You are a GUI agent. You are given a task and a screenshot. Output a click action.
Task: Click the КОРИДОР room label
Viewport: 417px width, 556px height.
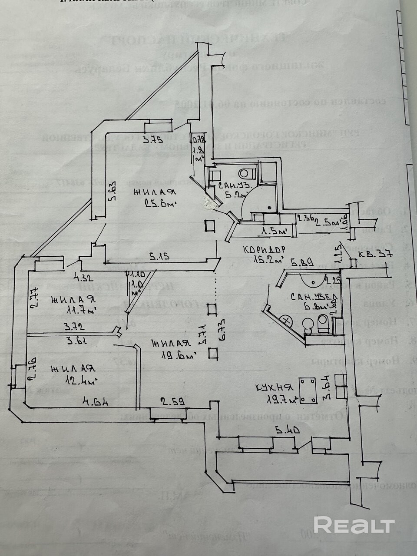264,250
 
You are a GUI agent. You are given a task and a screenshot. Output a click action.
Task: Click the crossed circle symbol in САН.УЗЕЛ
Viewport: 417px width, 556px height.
286,320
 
